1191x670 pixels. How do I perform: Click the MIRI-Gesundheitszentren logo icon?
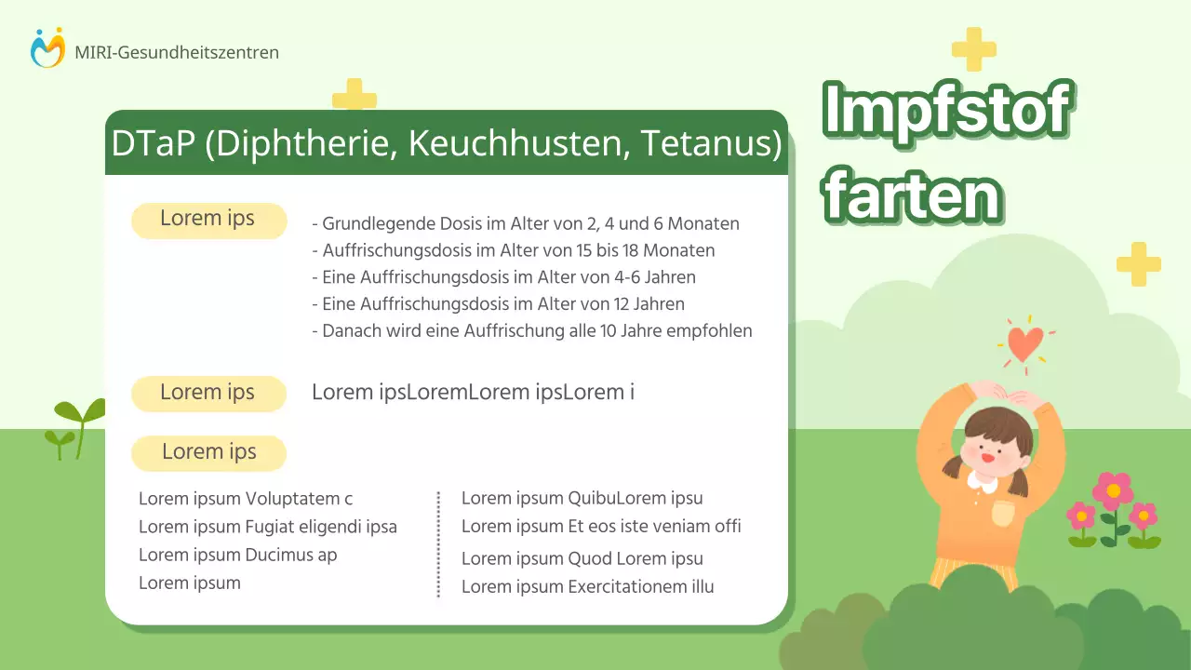(x=47, y=48)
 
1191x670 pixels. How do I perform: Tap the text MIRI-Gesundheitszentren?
(x=177, y=53)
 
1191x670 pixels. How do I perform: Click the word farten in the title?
(x=914, y=194)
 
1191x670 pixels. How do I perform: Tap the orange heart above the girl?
(x=1025, y=343)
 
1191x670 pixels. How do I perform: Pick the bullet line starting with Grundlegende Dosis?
(x=526, y=224)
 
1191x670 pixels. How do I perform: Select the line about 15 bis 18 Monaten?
(x=514, y=250)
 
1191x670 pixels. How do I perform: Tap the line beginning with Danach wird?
(x=531, y=330)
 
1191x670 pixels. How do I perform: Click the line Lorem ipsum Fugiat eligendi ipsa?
(x=268, y=527)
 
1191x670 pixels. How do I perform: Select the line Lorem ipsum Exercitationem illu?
(x=588, y=587)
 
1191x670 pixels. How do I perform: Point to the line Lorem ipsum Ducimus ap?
(x=238, y=556)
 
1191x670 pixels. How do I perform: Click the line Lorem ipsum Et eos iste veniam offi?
(x=601, y=527)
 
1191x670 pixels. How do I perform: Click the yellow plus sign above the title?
(x=974, y=49)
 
